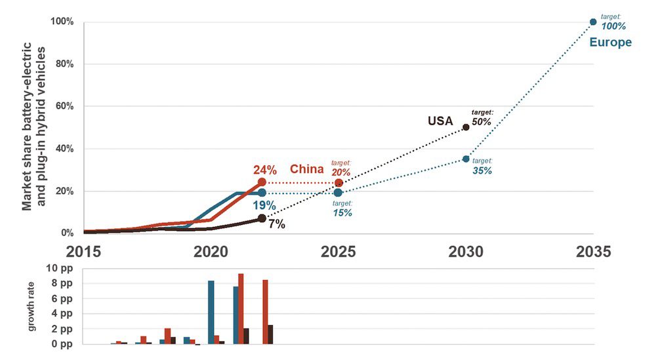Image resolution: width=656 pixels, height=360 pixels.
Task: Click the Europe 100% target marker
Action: tap(593, 22)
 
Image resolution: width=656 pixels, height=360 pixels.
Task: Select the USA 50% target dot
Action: tap(466, 127)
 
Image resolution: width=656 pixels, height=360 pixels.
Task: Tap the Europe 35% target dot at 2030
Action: tap(466, 159)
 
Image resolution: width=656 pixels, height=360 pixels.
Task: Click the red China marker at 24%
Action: tap(262, 182)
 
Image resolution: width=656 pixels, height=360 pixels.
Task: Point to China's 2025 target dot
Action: tap(338, 182)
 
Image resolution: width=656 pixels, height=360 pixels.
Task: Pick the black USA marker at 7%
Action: tap(262, 218)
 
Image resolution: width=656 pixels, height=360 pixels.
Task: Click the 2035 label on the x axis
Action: tap(593, 252)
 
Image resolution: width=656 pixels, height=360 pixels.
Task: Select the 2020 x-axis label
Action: tap(211, 252)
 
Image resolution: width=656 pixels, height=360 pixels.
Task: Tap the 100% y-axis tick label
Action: tap(60, 22)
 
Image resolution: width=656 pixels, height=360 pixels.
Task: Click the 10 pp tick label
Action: tap(60, 269)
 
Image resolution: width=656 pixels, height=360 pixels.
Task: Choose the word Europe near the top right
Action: tap(610, 43)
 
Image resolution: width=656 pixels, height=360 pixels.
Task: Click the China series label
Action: tap(307, 169)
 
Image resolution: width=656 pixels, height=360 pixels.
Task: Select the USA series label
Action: tap(441, 121)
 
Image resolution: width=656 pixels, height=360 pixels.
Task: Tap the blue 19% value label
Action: tap(264, 206)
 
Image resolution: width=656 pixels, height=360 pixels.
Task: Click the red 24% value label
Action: tap(264, 170)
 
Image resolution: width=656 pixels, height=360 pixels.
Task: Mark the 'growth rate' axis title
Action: tap(31, 307)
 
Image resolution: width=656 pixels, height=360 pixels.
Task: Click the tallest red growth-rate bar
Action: tap(241, 309)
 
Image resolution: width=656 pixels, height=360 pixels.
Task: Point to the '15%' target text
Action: tap(342, 212)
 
